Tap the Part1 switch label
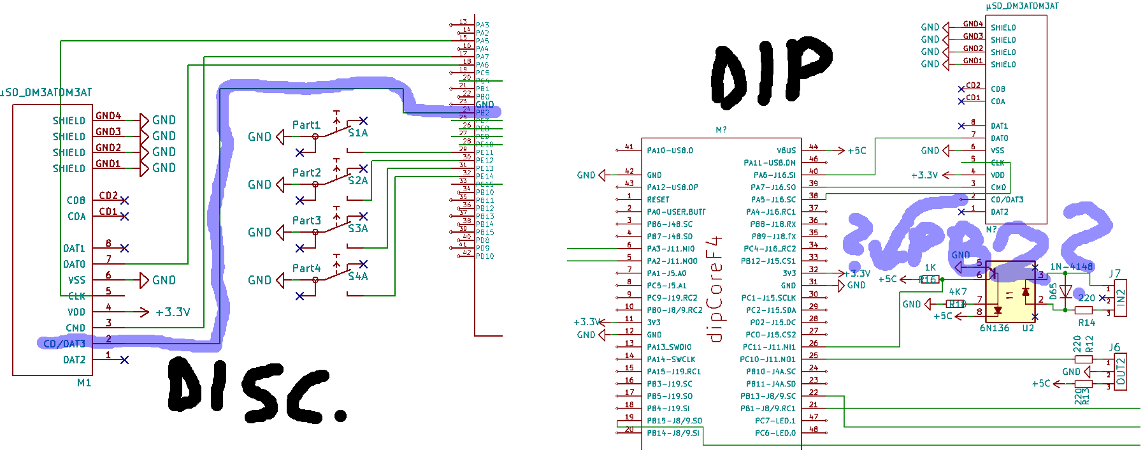[306, 125]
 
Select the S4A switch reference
[357, 276]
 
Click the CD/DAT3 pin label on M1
[64, 344]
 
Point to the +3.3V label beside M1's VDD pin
[173, 312]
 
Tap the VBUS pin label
[786, 150]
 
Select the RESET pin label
[658, 200]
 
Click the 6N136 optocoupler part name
[994, 328]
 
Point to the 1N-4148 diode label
[1071, 266]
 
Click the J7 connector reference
[1114, 273]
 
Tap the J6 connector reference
[1114, 347]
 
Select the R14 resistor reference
[1086, 323]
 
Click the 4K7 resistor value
[958, 291]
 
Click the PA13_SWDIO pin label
[669, 347]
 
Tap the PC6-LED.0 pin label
[775, 433]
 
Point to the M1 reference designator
[84, 383]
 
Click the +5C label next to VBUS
[856, 150]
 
